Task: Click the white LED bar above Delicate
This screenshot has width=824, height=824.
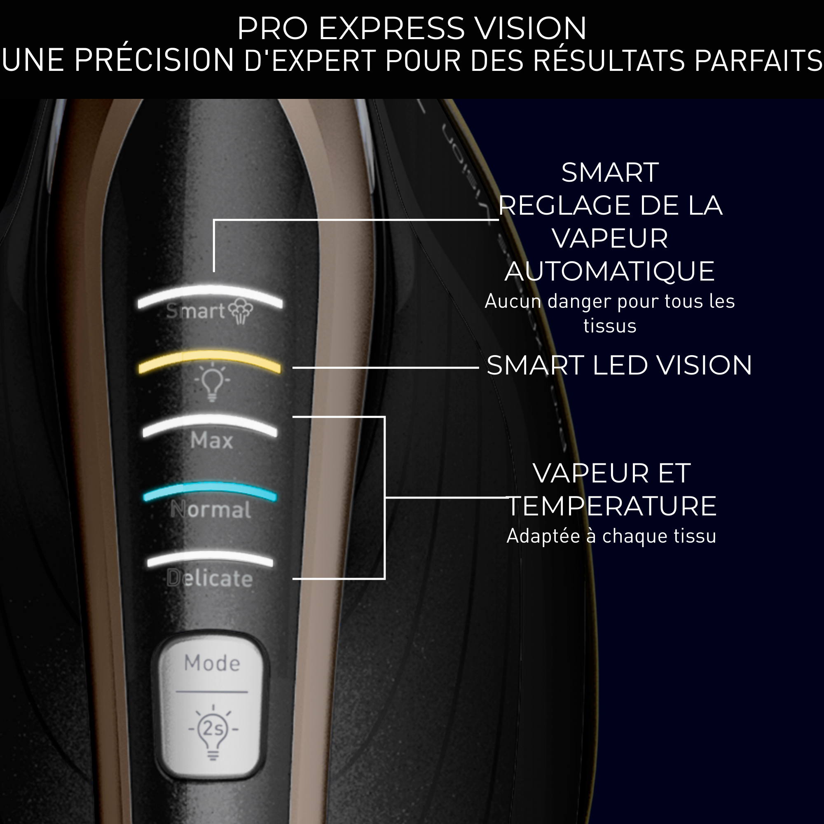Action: click(x=209, y=557)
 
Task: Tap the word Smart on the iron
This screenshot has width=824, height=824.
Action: click(x=195, y=311)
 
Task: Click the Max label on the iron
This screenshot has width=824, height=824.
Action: click(x=211, y=440)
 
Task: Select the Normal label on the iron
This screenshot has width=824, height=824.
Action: click(x=211, y=509)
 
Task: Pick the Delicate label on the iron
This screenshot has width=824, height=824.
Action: click(x=209, y=578)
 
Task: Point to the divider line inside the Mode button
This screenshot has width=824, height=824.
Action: click(x=211, y=692)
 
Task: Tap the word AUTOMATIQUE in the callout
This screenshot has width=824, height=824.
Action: click(x=609, y=271)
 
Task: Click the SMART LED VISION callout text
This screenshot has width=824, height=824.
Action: click(x=619, y=365)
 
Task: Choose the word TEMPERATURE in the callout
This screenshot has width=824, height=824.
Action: click(x=611, y=506)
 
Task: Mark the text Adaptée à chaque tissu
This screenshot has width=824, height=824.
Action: click(x=611, y=536)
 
